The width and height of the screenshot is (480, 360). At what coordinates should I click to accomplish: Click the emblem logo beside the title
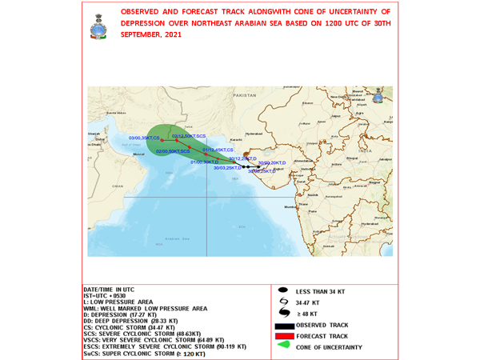click(x=98, y=26)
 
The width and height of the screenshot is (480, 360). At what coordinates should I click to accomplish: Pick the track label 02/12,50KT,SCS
click(x=189, y=137)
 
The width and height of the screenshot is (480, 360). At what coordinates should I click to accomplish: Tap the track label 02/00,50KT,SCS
click(x=173, y=151)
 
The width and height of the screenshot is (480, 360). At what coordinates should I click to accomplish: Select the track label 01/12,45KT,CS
click(x=218, y=150)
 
